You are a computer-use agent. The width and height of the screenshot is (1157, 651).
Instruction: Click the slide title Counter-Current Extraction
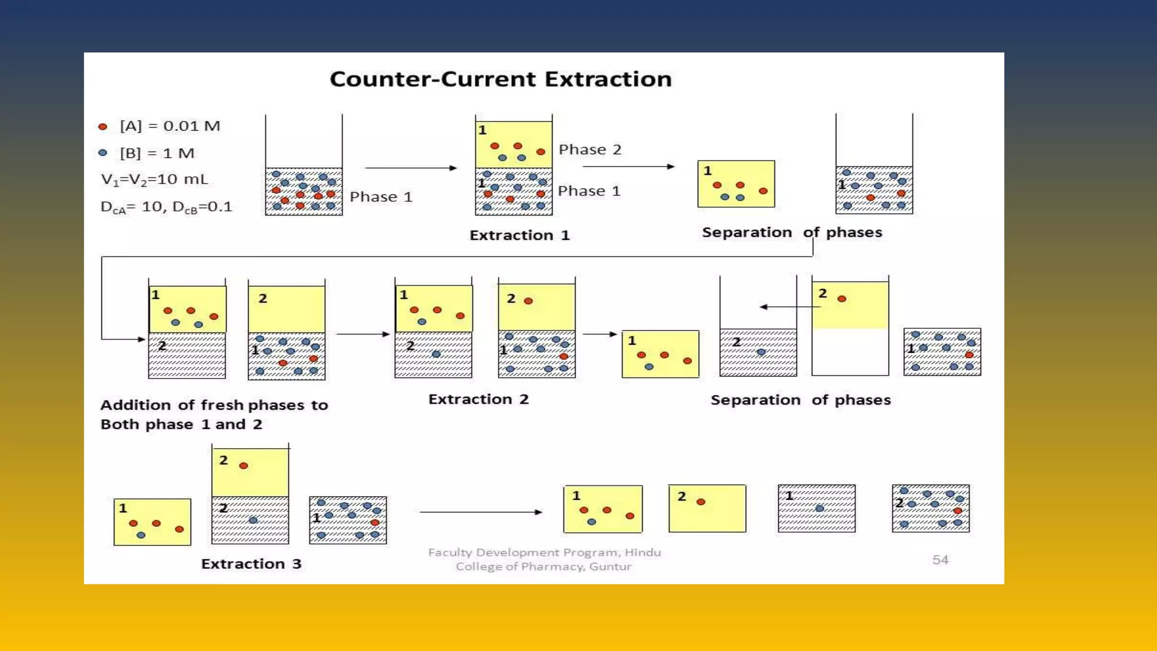click(x=501, y=79)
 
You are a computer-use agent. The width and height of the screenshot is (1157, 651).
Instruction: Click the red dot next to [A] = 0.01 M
click(x=103, y=127)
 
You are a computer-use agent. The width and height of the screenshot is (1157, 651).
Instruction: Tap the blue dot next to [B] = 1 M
click(x=103, y=153)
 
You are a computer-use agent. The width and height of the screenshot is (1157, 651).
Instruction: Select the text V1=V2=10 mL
click(x=154, y=180)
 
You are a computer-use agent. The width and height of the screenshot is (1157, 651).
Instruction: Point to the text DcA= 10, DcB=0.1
click(x=166, y=207)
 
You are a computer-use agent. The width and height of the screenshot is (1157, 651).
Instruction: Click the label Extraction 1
click(x=519, y=235)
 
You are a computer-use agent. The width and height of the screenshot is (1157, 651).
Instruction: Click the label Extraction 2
click(x=478, y=399)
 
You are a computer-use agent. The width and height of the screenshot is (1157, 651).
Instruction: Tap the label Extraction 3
click(x=251, y=563)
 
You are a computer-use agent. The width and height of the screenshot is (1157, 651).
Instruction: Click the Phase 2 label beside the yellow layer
click(x=590, y=150)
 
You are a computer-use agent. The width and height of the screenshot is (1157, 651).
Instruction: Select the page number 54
click(x=940, y=559)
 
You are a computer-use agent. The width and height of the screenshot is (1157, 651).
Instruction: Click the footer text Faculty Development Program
click(x=544, y=553)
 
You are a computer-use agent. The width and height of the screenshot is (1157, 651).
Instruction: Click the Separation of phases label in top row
click(x=791, y=232)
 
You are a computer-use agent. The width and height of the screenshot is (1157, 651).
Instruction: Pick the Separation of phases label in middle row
click(x=800, y=400)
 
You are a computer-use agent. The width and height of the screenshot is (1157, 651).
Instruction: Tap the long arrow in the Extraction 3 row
click(x=480, y=512)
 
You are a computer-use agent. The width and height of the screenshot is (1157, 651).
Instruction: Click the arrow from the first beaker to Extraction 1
click(x=410, y=168)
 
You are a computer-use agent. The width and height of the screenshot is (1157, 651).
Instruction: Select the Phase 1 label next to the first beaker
click(x=381, y=197)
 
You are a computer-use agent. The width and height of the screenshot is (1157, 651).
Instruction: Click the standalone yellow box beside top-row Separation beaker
click(x=736, y=184)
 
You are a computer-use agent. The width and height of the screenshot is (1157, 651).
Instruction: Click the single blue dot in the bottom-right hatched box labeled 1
click(x=820, y=508)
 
